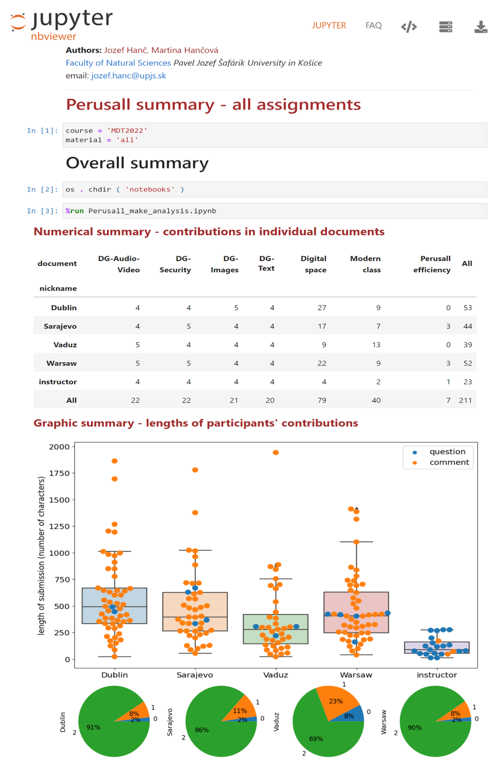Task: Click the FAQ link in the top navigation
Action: pyautogui.click(x=373, y=26)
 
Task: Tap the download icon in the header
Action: pyautogui.click(x=481, y=27)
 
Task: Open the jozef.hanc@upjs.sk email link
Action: pyautogui.click(x=128, y=76)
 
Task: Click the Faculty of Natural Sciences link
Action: pyautogui.click(x=118, y=63)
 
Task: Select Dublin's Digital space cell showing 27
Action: pyautogui.click(x=322, y=307)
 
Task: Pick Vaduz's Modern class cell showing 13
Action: pyautogui.click(x=376, y=345)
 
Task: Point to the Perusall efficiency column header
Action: pyautogui.click(x=432, y=264)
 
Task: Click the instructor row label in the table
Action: pyautogui.click(x=58, y=382)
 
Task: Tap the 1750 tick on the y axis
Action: pyautogui.click(x=59, y=473)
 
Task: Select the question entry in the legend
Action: pyautogui.click(x=447, y=452)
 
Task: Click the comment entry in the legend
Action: pyautogui.click(x=449, y=463)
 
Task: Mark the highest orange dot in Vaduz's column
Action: pyautogui.click(x=276, y=453)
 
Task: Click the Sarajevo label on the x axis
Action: pyautogui.click(x=195, y=675)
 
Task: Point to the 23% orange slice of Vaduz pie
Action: pyautogui.click(x=335, y=701)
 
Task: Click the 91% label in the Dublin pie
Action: pyautogui.click(x=94, y=727)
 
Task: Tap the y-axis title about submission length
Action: pyautogui.click(x=41, y=556)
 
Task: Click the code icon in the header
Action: pyautogui.click(x=409, y=27)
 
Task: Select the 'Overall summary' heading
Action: pyautogui.click(x=137, y=163)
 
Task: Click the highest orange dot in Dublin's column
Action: pyautogui.click(x=114, y=461)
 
